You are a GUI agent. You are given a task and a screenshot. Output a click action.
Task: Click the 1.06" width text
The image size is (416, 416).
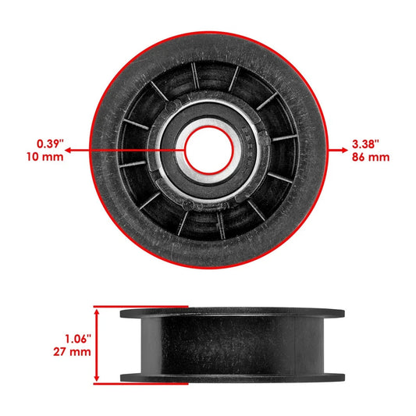pos(76,339)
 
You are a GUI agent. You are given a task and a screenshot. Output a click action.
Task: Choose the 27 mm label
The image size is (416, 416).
pos(76,352)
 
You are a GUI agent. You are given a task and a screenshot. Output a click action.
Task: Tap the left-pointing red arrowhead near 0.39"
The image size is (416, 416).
pos(69,150)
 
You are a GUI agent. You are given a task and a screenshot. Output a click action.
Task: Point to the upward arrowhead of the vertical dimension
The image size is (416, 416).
pos(98,311)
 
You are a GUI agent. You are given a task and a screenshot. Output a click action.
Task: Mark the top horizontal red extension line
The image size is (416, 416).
pos(140,307)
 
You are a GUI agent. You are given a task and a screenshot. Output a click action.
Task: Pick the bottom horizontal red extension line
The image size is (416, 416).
pos(140,383)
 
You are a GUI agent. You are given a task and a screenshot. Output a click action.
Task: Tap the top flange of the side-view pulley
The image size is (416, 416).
pos(232,312)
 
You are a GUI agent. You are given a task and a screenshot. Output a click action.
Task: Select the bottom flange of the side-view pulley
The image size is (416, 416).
pos(232,378)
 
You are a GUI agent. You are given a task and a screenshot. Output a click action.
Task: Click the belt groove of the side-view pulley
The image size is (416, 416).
pos(232,344)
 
